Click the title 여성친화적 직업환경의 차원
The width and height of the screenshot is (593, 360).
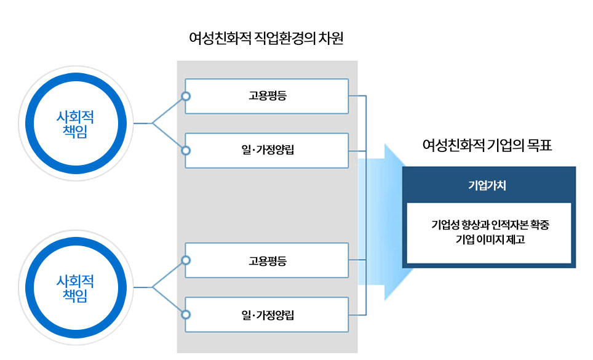266,40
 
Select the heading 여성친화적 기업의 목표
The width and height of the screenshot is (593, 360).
487,146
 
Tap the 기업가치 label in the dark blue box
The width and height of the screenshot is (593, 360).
487,185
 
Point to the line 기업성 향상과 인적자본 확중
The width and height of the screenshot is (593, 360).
490,225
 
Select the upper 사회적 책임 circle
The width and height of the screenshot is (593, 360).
76,123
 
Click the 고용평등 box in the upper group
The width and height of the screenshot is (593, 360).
267,96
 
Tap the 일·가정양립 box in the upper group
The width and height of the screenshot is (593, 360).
267,150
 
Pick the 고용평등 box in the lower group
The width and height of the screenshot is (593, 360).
267,260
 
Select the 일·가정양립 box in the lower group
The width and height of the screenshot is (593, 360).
267,315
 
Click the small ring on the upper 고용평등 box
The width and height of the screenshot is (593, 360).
186,96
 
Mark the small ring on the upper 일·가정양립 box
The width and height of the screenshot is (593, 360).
186,150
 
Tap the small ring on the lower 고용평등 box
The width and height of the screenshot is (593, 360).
186,260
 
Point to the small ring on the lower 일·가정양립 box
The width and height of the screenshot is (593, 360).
186,315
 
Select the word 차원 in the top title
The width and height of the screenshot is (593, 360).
330,40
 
